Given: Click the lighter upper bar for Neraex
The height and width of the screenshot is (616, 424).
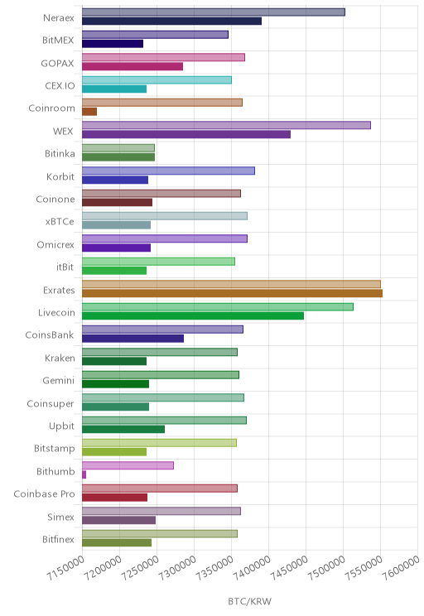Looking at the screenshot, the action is (214, 12).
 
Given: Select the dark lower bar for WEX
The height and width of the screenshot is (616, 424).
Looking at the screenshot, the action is (186, 134).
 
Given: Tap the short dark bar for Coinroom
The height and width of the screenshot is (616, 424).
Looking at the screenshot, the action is (89, 112).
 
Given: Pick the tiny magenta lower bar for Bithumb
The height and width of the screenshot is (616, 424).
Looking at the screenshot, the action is (84, 474).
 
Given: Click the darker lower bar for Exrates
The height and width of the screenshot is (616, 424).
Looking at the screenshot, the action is (232, 293).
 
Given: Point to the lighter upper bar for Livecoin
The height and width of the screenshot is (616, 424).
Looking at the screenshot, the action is (218, 307).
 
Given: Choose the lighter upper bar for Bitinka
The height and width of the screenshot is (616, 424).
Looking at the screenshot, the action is (118, 148).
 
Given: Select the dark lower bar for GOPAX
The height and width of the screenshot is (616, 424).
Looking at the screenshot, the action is (132, 66).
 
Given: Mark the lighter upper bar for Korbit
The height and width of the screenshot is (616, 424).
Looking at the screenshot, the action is (168, 171).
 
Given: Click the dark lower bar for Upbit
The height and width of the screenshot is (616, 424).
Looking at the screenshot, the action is (123, 430).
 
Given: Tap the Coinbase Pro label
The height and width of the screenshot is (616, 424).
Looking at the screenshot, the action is (44, 493).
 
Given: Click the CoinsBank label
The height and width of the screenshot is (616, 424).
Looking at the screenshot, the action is (50, 335).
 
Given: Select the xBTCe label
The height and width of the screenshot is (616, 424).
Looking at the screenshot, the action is (60, 222).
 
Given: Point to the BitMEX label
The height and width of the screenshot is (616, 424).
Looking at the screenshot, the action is (58, 40).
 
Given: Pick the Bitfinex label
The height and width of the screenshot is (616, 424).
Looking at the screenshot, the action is (58, 539).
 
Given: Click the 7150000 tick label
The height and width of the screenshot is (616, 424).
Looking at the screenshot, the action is (65, 568).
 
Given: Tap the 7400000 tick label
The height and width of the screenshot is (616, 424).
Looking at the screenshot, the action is (252, 568).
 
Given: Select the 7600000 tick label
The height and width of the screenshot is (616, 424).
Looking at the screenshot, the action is (401, 568).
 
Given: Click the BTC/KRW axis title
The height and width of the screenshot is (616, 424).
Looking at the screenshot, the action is (249, 601).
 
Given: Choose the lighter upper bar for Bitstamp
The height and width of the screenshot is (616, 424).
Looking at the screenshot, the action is (159, 443).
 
